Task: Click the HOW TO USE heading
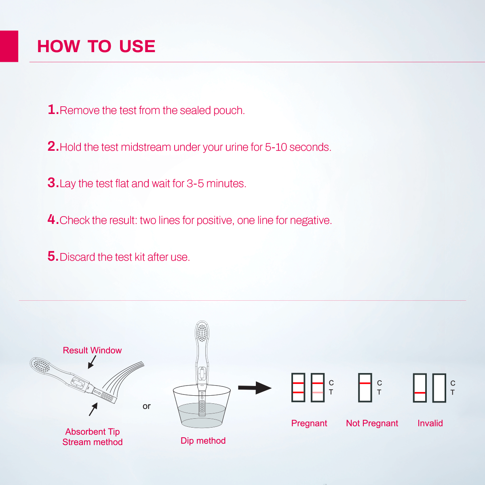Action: (96, 46)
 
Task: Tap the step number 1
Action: (53, 110)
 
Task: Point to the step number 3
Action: (53, 183)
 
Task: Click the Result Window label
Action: (92, 350)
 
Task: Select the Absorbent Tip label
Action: (93, 432)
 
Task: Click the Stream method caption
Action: (93, 442)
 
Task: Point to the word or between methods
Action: (146, 406)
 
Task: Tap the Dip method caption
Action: (203, 441)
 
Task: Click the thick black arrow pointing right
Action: (255, 388)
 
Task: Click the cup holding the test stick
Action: (202, 408)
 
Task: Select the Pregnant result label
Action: (309, 424)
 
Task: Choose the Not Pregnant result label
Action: (372, 424)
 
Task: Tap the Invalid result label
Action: (430, 424)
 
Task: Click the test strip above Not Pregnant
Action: (365, 388)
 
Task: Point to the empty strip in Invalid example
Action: (439, 388)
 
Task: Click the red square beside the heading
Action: (9, 46)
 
